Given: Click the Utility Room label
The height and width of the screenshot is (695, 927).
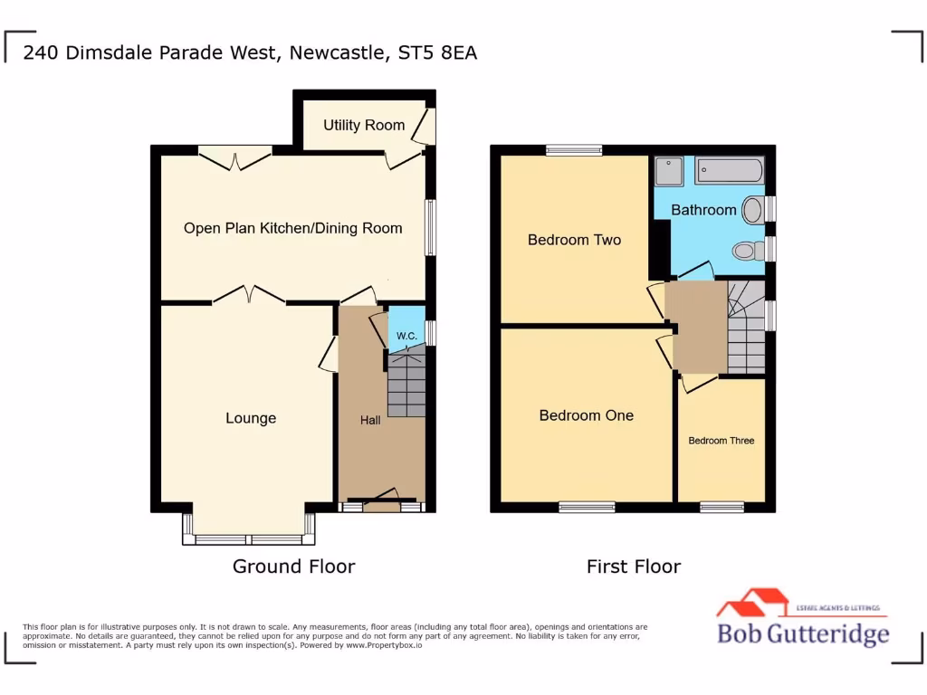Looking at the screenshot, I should point(364,125).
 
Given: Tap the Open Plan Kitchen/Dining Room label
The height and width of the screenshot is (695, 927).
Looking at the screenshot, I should point(292,228).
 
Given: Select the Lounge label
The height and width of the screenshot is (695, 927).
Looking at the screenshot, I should point(251,418).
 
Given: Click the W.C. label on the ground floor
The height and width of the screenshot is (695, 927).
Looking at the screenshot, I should point(406,337).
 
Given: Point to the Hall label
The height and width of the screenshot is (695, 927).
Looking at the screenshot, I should point(370,420).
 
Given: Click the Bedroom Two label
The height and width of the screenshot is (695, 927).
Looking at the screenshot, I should point(574,240).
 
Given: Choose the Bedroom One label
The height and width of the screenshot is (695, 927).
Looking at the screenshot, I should point(586,415).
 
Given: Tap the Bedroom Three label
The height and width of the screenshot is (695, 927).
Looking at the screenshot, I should point(721,441).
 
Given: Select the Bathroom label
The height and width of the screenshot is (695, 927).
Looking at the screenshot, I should point(703,210).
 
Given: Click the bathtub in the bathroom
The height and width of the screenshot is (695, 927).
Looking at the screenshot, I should point(731,170).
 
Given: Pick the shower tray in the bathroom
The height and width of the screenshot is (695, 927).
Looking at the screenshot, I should point(669,171).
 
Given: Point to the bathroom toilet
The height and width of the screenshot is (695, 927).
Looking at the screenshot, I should point(746,249).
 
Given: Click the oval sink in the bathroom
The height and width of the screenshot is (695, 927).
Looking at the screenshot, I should point(752,210).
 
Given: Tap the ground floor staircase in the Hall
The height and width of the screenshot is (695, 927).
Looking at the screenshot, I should point(406,386).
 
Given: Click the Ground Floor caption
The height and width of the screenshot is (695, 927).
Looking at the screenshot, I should point(293,566).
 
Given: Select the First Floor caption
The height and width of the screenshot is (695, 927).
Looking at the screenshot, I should point(633,566).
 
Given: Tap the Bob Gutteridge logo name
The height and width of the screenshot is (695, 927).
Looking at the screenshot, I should point(803,633).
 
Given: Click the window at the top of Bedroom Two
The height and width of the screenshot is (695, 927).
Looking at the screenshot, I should point(574,150).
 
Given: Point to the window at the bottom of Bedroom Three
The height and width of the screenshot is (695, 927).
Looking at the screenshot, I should point(722,507).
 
